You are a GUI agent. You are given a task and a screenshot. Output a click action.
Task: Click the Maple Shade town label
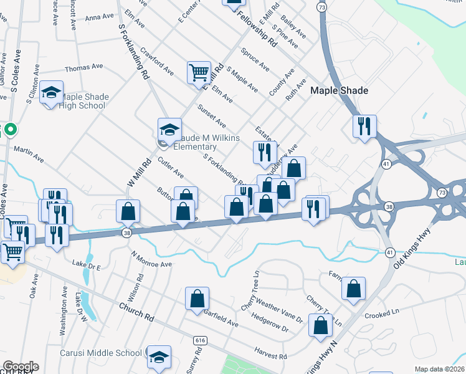(340, 90)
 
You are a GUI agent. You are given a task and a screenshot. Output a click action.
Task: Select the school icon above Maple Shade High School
(51, 93)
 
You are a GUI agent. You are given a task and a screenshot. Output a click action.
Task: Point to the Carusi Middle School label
(101, 353)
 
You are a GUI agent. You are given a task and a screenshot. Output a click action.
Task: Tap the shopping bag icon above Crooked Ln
(353, 289)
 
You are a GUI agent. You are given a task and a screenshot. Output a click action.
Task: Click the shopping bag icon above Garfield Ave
(197, 299)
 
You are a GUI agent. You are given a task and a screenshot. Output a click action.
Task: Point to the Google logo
(20, 367)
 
